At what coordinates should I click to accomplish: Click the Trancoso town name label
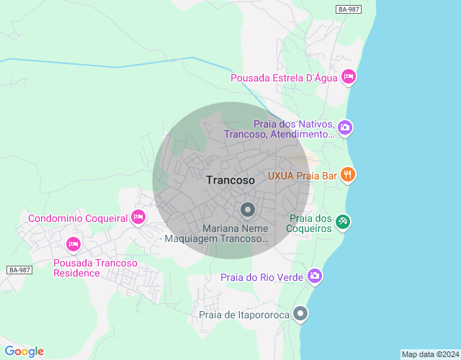tap(230, 181)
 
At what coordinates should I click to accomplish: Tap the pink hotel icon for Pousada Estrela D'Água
tap(349, 77)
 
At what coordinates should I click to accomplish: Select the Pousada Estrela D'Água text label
tap(284, 78)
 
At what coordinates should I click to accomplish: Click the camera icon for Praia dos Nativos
tap(345, 127)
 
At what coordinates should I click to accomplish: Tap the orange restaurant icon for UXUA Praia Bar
tap(348, 174)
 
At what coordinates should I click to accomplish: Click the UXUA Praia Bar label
tap(303, 175)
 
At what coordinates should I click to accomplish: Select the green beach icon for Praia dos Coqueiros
tap(343, 222)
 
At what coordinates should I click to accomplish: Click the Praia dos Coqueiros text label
tap(310, 223)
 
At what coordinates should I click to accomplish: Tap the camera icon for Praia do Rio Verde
tap(315, 276)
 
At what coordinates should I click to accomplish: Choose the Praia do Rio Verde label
tap(262, 276)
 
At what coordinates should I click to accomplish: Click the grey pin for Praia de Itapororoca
tap(300, 314)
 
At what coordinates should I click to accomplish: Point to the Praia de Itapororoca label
tap(244, 315)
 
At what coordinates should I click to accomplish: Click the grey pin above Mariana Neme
tap(248, 210)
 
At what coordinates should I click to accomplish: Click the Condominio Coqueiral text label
tap(78, 218)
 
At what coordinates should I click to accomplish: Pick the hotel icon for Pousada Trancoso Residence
tap(73, 245)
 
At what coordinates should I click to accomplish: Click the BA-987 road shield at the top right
tap(349, 9)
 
